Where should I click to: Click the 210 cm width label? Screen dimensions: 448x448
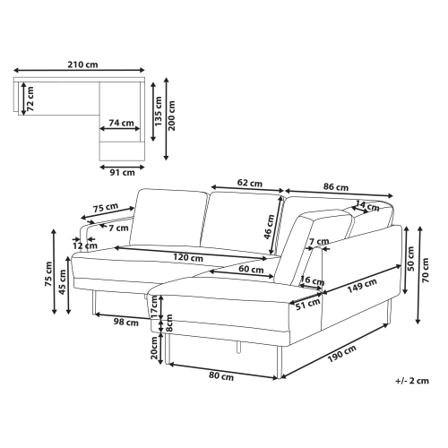82,65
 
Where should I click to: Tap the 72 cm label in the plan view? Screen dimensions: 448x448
30,99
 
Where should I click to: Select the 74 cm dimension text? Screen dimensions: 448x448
121,123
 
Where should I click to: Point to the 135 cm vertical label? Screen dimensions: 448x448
159,111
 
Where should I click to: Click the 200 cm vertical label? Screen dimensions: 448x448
172,116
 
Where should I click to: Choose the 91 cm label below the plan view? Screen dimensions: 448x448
122,172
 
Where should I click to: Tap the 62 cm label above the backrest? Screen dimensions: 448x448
250,183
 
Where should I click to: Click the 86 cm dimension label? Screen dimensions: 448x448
336,187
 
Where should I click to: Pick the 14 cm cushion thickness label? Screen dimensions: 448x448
367,206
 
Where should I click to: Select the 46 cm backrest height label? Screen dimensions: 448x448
269,227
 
